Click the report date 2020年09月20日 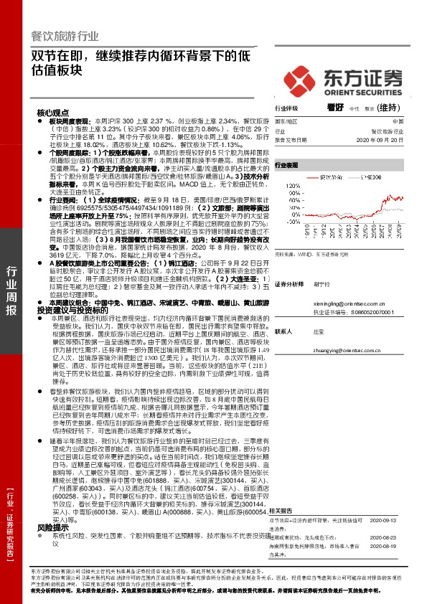390,141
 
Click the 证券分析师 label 289,283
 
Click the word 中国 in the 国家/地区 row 398,122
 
